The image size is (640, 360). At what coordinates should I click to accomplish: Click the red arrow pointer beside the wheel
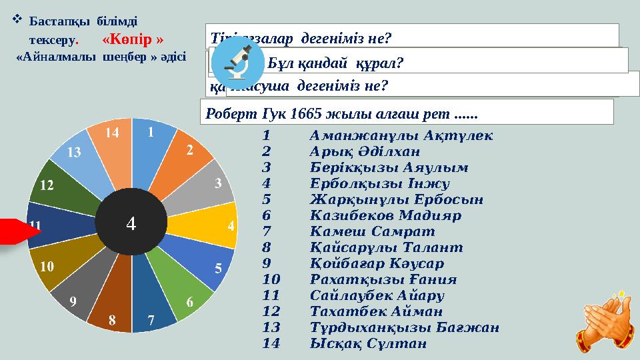tap(17, 231)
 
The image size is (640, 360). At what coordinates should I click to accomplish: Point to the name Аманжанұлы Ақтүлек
tap(401, 135)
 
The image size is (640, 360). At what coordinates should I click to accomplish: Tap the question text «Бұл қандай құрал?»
tap(336, 61)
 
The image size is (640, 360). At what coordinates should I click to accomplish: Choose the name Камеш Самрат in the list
tap(372, 231)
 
